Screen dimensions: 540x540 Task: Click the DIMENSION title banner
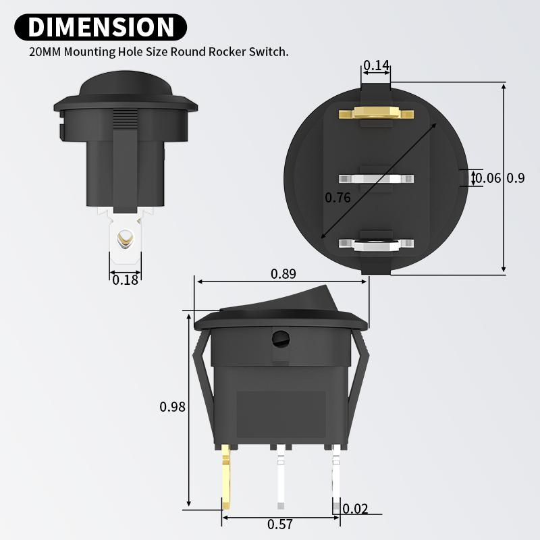click(101, 27)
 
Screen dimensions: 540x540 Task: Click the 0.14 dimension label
click(376, 65)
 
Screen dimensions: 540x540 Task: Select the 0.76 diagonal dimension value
click(337, 198)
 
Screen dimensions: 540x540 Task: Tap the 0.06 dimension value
click(488, 178)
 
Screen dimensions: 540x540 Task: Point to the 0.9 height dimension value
click(516, 178)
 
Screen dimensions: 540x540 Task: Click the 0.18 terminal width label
click(125, 279)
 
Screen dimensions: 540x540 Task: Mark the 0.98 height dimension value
click(172, 406)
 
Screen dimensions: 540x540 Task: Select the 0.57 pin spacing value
click(280, 524)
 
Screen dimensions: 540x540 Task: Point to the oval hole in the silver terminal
click(125, 238)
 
